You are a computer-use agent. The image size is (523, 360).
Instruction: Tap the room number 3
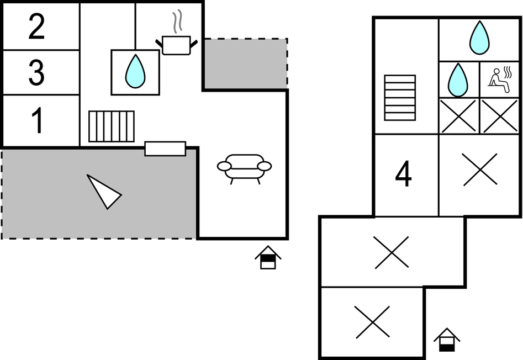click(x=36, y=73)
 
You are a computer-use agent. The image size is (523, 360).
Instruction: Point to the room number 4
click(x=404, y=176)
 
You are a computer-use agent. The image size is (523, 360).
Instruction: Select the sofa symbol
click(x=244, y=167)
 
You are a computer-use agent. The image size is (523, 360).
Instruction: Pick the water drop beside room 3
click(x=135, y=72)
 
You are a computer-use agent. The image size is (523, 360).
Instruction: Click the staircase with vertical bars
click(x=112, y=126)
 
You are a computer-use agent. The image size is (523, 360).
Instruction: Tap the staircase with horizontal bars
click(x=400, y=98)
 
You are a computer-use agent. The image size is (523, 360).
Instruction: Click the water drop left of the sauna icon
click(x=458, y=80)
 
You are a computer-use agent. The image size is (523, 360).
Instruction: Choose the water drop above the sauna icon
click(x=479, y=38)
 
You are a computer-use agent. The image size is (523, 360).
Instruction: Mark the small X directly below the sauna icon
click(x=500, y=116)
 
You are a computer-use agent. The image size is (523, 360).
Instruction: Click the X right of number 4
click(x=479, y=170)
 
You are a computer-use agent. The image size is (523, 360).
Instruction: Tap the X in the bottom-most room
click(x=372, y=322)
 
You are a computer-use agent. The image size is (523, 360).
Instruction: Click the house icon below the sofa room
click(x=268, y=257)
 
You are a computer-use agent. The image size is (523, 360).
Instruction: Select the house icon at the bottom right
click(x=447, y=340)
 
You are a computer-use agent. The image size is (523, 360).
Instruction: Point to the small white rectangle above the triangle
click(x=165, y=149)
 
